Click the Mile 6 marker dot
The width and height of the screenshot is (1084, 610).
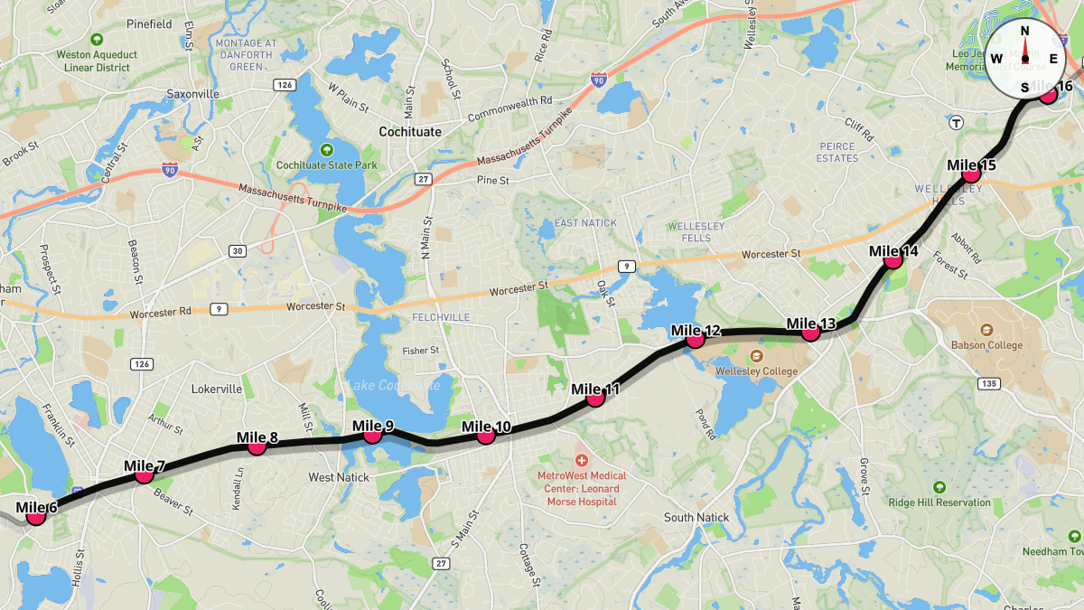pos(36,516)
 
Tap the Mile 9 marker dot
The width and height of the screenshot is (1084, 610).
pos(372,435)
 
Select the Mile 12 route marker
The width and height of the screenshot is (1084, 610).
pos(695,340)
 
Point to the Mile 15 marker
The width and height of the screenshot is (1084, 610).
pos(971,174)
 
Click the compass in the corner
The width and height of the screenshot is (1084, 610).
pos(1024,59)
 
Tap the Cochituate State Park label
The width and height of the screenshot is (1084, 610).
pos(327,165)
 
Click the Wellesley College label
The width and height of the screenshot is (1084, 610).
pos(757,371)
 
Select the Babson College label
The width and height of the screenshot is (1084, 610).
pos(986,344)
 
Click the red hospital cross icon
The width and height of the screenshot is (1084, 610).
pos(581,461)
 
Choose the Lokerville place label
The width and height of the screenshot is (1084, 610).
pos(217,389)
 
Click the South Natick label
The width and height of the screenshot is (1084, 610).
pos(696,518)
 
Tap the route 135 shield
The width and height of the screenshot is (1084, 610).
pos(988,384)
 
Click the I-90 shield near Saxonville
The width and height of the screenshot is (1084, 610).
pos(170,169)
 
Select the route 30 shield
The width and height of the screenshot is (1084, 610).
pos(238,250)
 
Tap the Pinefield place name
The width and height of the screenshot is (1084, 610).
pos(149,23)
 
